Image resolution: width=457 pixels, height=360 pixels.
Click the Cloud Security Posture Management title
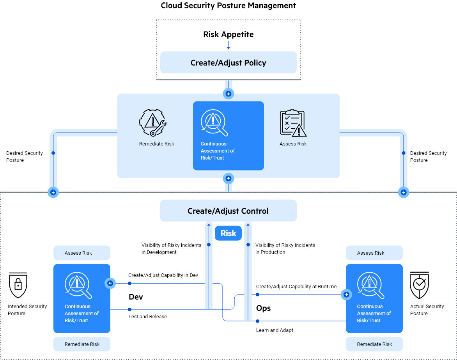click(228, 5)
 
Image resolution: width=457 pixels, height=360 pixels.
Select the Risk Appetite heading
click(228, 34)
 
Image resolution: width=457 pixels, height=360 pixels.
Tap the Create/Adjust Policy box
click(228, 63)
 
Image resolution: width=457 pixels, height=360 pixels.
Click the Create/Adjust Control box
click(228, 211)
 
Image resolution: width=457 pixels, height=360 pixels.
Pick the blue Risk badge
click(228, 233)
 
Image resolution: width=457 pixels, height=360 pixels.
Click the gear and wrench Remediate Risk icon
click(153, 122)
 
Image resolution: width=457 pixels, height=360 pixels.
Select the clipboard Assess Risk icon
click(293, 123)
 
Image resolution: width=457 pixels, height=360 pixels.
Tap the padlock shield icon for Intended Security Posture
click(18, 285)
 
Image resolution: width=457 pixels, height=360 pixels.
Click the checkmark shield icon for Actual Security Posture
click(419, 285)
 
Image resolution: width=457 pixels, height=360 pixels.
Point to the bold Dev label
click(136, 297)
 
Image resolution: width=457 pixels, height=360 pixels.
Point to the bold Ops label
click(263, 309)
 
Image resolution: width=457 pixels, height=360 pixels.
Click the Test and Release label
click(147, 316)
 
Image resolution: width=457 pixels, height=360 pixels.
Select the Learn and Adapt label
click(275, 330)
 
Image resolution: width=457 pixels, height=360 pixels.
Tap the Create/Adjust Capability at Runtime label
click(296, 286)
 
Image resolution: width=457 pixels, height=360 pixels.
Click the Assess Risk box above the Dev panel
click(82, 253)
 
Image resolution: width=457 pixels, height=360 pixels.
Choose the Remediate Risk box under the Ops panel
click(374, 344)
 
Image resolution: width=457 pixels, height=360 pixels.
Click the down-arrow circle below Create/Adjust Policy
click(228, 94)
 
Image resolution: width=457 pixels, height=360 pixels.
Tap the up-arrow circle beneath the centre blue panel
click(228, 179)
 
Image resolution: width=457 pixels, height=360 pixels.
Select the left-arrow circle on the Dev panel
click(110, 283)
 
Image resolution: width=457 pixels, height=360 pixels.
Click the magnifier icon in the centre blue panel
click(214, 122)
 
